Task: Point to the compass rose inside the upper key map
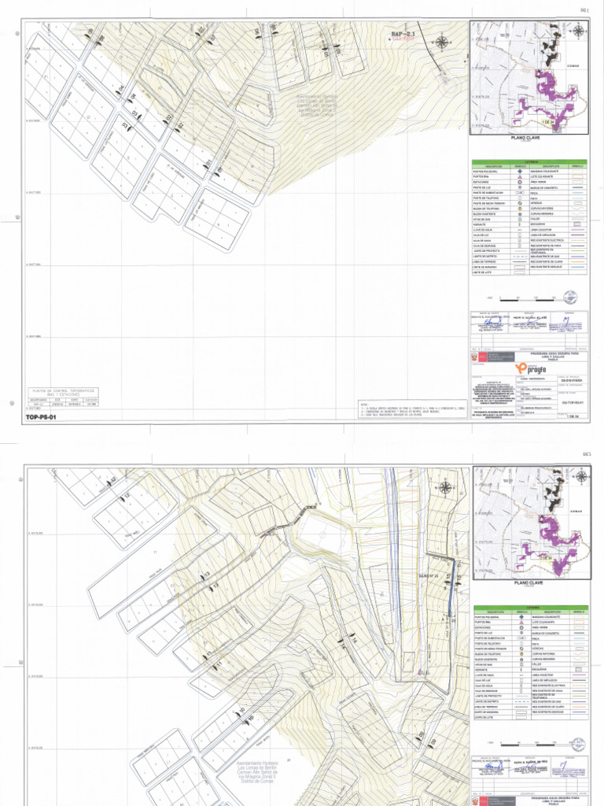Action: [x=578, y=31]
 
